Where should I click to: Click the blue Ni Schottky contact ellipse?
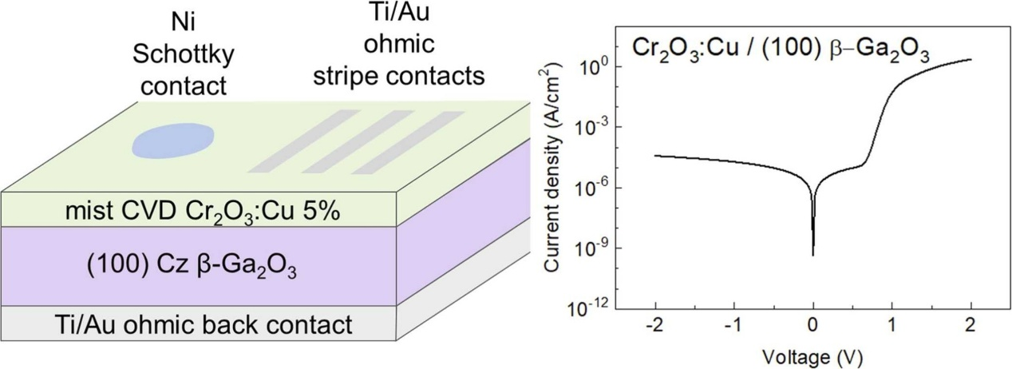pos(172,141)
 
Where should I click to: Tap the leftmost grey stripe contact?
pos(303,141)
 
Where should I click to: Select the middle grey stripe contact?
pos(358,141)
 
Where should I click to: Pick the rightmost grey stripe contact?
pos(409,142)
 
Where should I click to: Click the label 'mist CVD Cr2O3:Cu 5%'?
pos(203,212)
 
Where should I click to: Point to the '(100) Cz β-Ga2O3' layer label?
pos(192,267)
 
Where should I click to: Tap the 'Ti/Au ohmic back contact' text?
pos(204,325)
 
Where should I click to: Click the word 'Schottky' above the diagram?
pos(184,55)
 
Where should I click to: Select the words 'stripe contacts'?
pos(399,76)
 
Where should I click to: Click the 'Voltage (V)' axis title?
pos(812,357)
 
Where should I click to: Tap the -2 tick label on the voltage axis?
pos(655,326)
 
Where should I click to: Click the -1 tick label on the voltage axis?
pos(733,326)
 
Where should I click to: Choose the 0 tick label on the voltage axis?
pos(813,326)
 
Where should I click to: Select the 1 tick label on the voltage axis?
pos(891,326)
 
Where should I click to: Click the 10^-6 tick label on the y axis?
pos(589,188)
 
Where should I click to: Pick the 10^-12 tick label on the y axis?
pos(587,309)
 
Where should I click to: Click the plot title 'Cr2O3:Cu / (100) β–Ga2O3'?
pos(781,49)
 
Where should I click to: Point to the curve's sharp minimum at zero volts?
pos(813,256)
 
